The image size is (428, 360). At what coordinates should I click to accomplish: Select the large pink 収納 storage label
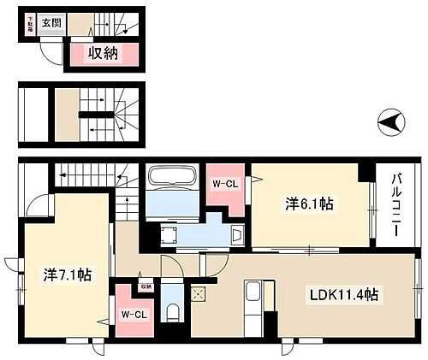104,55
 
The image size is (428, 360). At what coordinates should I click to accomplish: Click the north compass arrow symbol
389,126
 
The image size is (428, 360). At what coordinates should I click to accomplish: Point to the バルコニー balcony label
398,204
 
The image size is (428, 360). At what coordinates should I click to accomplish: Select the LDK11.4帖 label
344,295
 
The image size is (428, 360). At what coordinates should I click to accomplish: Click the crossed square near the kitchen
199,294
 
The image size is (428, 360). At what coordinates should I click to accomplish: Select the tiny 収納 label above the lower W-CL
146,286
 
